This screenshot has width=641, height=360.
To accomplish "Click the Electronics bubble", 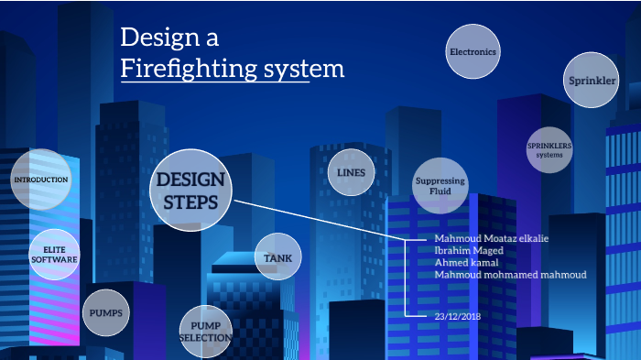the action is (x=473, y=52).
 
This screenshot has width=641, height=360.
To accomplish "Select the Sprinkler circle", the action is (x=592, y=82).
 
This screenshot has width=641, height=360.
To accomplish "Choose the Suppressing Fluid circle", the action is (x=440, y=186).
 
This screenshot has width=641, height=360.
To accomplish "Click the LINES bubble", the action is (x=351, y=173).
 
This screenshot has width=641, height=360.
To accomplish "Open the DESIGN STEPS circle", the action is (x=191, y=191).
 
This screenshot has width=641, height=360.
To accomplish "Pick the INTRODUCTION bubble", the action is (x=41, y=180).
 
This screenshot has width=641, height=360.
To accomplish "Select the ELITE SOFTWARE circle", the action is (x=54, y=254).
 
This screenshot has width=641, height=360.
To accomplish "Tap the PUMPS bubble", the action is (x=106, y=313).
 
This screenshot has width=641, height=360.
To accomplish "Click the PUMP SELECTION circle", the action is (x=205, y=332).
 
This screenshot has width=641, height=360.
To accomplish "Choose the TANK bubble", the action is (x=277, y=258).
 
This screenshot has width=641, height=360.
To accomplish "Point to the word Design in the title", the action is (x=158, y=38).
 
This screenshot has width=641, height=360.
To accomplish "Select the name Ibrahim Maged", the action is (x=469, y=251).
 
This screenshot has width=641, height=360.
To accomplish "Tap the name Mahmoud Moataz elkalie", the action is (x=492, y=239).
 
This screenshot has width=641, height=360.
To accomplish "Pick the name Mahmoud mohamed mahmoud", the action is (x=509, y=275).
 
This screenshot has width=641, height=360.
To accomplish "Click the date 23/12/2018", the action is (x=458, y=316).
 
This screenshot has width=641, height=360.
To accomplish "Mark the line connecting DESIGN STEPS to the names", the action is (x=320, y=221).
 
